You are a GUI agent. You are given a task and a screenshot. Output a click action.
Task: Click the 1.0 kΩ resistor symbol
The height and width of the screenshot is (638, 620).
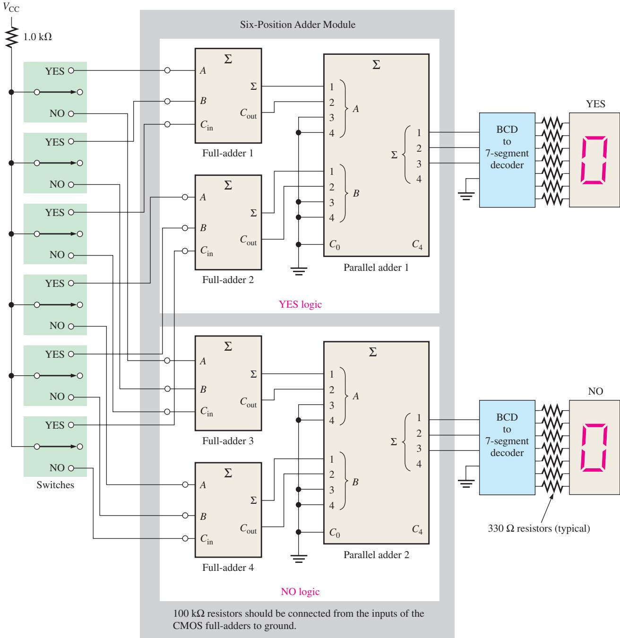11,37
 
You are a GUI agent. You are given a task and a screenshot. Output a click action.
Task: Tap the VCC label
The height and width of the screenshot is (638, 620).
11,8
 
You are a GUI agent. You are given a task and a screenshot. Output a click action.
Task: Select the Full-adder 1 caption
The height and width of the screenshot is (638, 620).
228,153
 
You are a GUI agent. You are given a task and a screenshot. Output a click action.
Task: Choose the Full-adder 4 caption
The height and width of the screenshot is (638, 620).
228,568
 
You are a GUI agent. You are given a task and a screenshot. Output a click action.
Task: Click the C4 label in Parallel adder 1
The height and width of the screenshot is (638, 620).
417,245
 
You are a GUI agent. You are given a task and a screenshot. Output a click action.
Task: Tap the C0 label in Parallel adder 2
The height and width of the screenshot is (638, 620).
335,533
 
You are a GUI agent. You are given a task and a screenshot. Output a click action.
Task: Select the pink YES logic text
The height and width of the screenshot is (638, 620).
300,304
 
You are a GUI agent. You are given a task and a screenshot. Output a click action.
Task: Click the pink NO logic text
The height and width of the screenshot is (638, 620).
300,592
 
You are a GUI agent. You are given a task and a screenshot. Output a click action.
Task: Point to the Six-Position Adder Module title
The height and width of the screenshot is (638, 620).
297,25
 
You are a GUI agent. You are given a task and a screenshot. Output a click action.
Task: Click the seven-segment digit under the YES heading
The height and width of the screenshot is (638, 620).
594,160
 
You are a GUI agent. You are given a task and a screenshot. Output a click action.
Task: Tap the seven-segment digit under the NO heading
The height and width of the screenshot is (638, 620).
594,448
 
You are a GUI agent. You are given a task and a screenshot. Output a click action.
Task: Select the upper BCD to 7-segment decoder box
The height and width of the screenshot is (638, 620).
507,160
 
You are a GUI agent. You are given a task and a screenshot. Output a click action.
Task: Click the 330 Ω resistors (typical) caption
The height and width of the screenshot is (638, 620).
539,528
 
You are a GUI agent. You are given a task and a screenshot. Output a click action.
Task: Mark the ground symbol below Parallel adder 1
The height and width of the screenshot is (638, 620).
299,271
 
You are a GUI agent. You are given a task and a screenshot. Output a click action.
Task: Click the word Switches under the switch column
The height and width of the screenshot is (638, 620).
55,485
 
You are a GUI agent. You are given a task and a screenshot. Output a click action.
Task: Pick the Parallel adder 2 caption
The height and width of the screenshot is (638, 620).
376,555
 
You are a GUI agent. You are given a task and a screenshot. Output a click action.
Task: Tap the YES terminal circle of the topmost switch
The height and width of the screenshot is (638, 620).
71,70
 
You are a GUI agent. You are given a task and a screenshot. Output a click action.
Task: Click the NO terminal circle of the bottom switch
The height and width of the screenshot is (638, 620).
71,468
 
